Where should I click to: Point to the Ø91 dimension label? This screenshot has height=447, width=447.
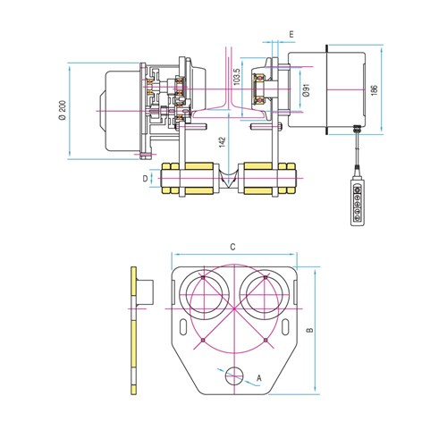coord(307,90)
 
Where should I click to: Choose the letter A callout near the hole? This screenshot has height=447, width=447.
coord(259,378)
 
